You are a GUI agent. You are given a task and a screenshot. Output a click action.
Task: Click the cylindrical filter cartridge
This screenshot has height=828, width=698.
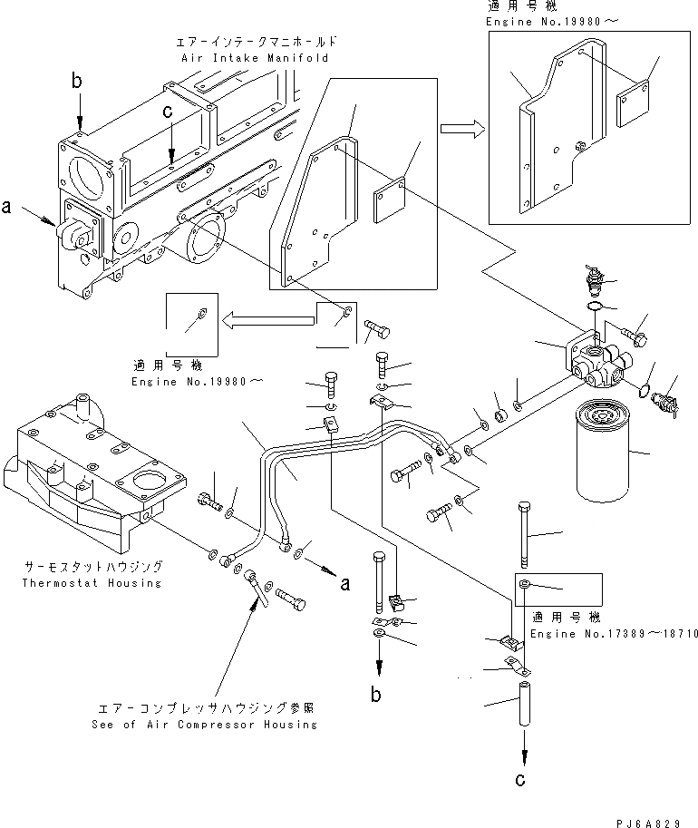click(x=605, y=452)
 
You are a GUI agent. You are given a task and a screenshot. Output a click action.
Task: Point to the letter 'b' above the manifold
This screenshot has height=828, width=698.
click(x=77, y=83)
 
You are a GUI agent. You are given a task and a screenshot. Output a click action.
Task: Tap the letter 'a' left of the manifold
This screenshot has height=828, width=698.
click(x=7, y=208)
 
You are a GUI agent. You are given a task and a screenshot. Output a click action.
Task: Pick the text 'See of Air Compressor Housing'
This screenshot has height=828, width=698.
click(x=204, y=724)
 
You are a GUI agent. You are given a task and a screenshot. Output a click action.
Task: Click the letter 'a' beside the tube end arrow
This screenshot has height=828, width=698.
click(x=344, y=585)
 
